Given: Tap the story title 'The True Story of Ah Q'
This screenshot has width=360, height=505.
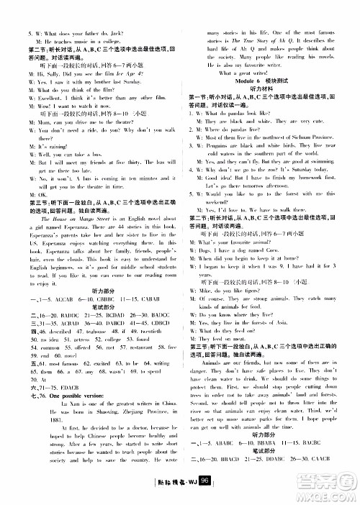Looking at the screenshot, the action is (256, 23).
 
